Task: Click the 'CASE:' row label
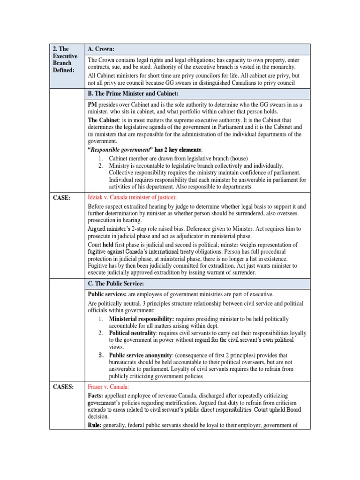(x=61, y=198)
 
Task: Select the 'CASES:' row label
(x=63, y=387)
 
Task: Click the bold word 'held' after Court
(x=109, y=245)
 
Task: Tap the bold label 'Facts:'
(x=97, y=396)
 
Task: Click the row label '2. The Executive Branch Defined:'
(x=63, y=59)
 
